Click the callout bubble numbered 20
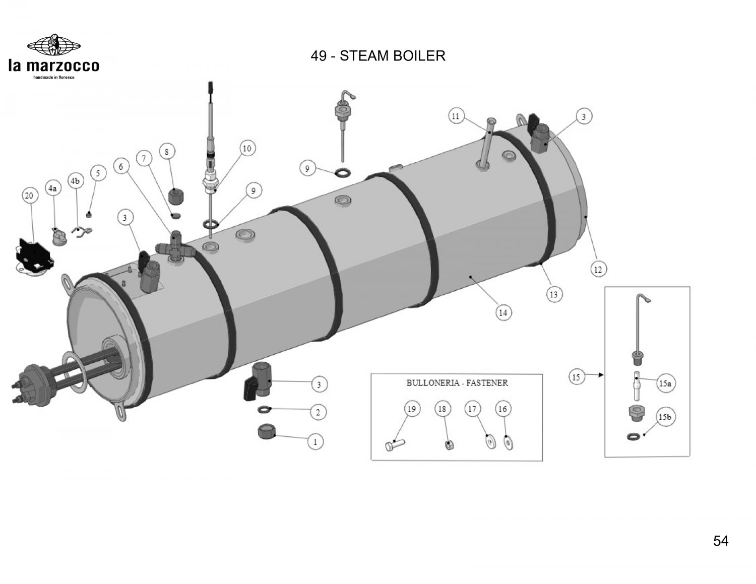[x=29, y=196]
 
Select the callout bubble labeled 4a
[x=52, y=188]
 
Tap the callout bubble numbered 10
[x=247, y=149]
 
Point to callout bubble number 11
[x=456, y=116]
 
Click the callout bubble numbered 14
[x=503, y=312]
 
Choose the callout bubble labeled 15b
[x=665, y=418]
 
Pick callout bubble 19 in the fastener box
[x=411, y=409]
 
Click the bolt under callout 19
[x=395, y=445]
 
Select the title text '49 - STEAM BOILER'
[x=378, y=56]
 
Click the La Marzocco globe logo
[x=53, y=44]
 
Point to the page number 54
[x=721, y=541]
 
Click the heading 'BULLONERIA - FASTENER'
[x=457, y=382]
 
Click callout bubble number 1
[x=316, y=442]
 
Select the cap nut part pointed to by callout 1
[x=266, y=432]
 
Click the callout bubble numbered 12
[x=598, y=270]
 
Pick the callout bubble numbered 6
[x=121, y=166]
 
